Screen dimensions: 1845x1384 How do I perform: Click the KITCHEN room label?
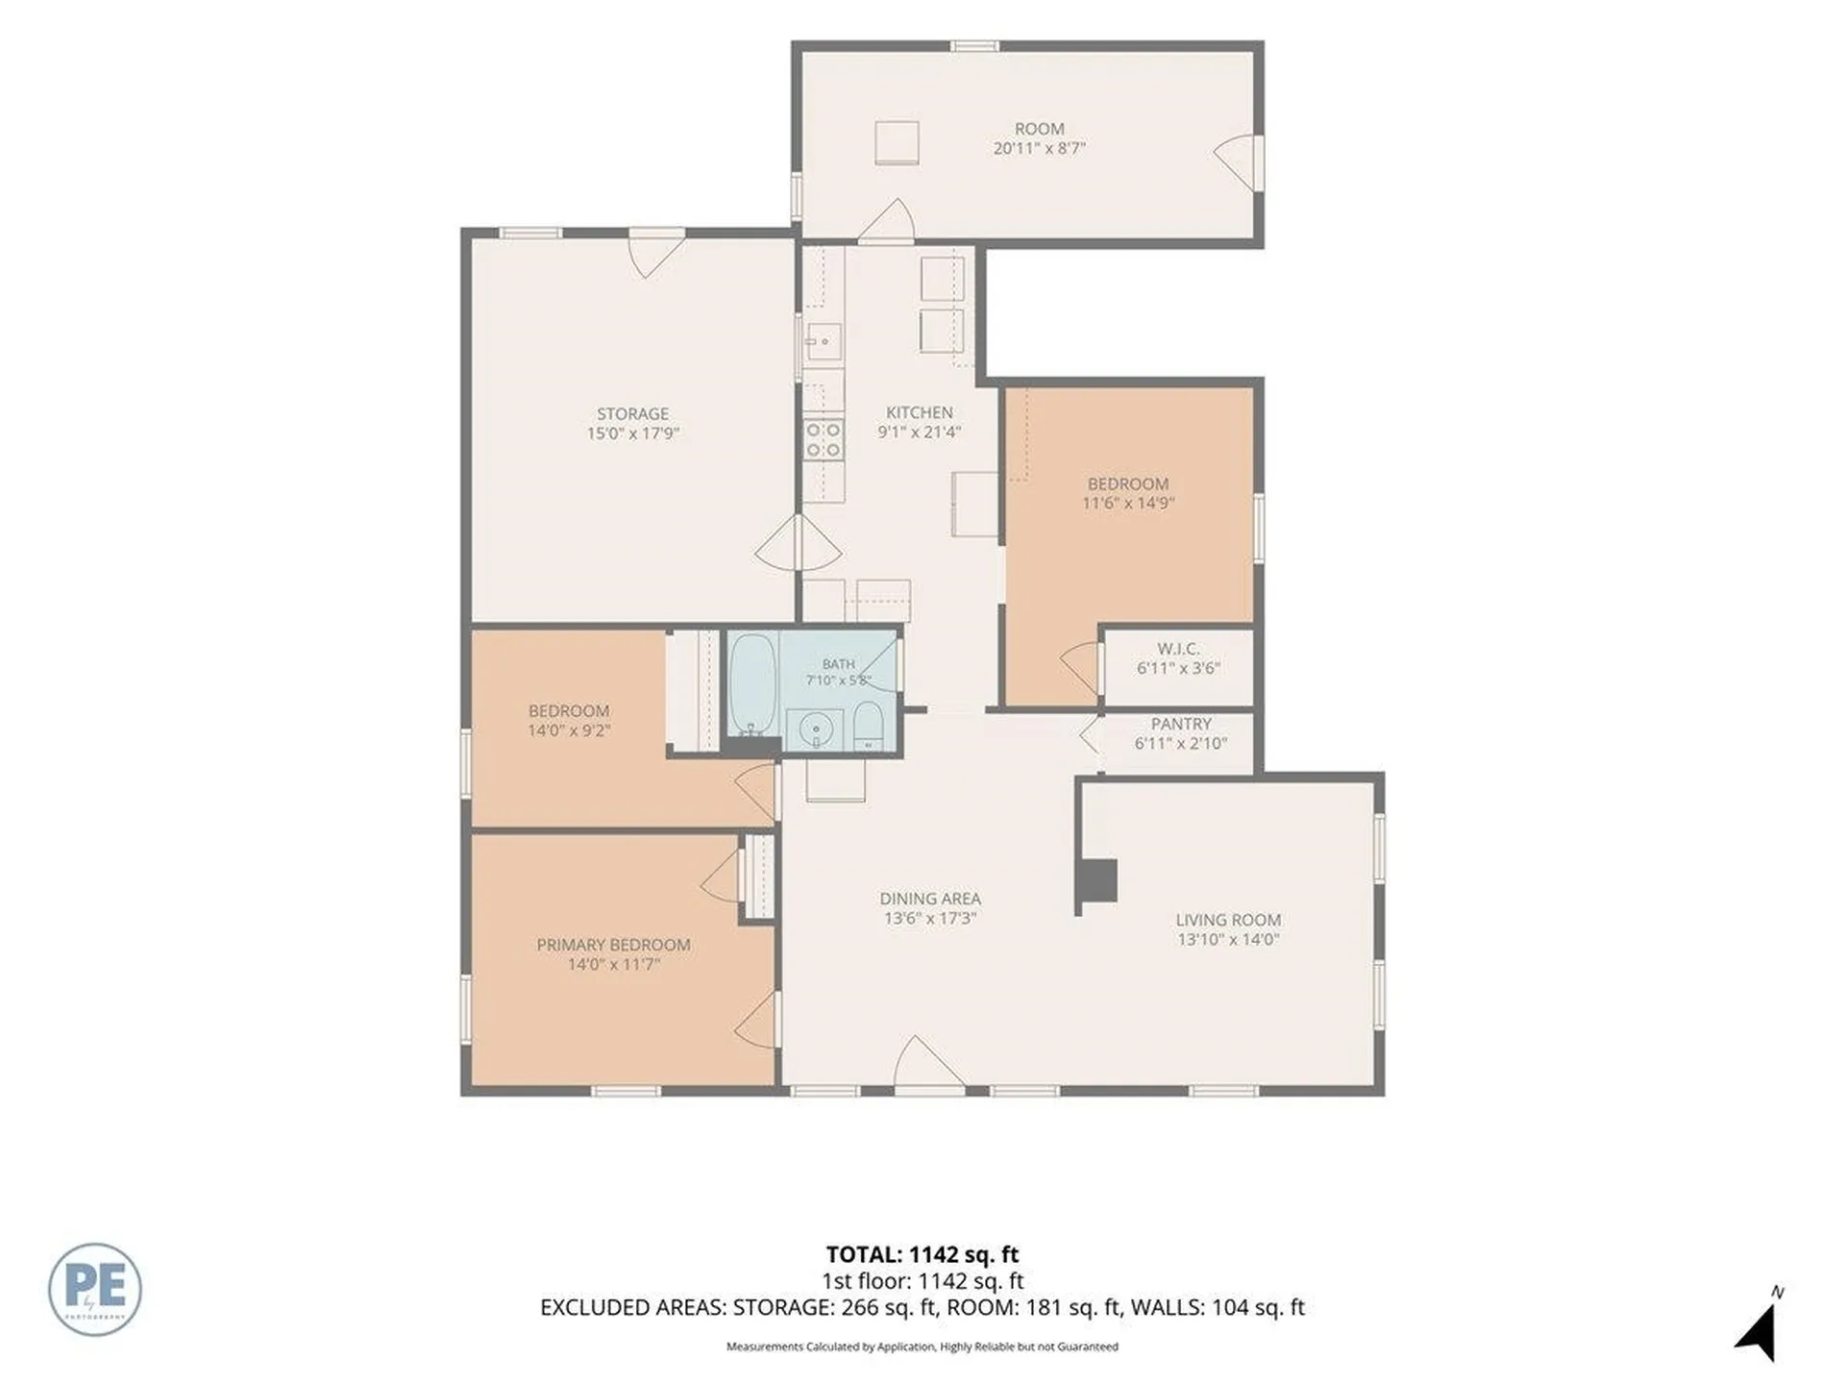click(x=920, y=412)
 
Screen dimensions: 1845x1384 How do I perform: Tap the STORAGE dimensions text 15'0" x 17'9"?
click(x=632, y=433)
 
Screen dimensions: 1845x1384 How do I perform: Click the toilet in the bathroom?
click(x=869, y=726)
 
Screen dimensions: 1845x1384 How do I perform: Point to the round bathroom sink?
click(x=817, y=729)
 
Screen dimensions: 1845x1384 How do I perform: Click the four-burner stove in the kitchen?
click(x=824, y=440)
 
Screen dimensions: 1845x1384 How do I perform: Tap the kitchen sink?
click(x=824, y=341)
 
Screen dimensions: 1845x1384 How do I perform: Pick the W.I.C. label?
click(x=1177, y=649)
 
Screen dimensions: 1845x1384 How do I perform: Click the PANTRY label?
click(x=1181, y=724)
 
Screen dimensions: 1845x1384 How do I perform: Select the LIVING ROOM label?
click(x=1228, y=920)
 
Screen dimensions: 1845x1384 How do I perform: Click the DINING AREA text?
click(x=930, y=899)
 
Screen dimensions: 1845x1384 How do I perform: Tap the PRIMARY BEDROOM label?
click(x=613, y=945)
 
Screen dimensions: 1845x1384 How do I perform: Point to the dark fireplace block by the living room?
click(x=1096, y=880)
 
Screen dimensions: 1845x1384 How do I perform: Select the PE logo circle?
click(x=95, y=1289)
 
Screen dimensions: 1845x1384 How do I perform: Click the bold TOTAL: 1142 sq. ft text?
click(x=922, y=1254)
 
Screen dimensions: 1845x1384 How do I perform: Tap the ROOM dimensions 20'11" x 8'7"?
click(x=1040, y=148)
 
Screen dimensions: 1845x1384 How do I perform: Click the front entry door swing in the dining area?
click(x=927, y=1063)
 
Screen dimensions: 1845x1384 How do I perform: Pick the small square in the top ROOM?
click(x=897, y=143)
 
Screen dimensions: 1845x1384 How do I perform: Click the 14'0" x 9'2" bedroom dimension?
click(x=569, y=730)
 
